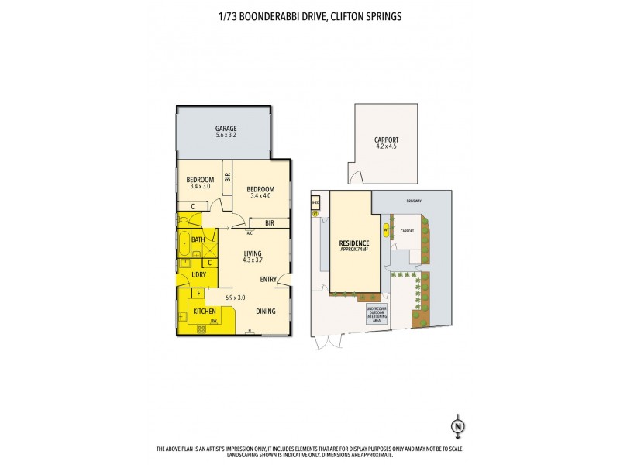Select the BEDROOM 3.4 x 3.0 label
point(200,183)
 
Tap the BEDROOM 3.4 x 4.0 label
point(260,190)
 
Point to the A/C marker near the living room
point(250,232)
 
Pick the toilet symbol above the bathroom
point(184,221)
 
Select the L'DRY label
point(198,275)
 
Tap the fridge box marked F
point(199,294)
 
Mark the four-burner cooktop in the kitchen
point(201,329)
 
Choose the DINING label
point(266,312)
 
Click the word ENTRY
point(268,280)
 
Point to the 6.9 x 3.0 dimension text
point(235,298)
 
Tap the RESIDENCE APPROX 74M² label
point(353,246)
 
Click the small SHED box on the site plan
point(315,205)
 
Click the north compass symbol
point(458,425)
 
